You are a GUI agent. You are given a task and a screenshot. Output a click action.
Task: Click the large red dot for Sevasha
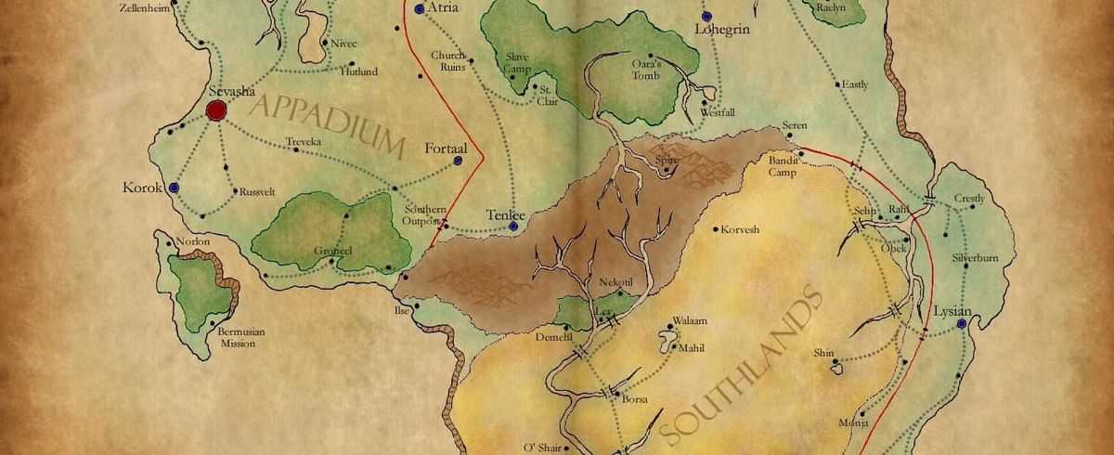coord(216,111)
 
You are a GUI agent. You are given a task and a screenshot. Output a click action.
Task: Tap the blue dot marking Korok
coord(174,188)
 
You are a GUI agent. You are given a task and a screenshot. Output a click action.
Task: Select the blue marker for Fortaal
coord(459,161)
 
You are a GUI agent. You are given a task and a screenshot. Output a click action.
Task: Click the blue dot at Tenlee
coord(512,226)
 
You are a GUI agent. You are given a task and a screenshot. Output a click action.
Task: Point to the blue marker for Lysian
coord(962,323)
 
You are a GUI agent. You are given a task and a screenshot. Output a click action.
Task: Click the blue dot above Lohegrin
coord(706,17)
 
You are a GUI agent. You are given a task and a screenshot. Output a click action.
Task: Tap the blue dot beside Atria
coord(420,8)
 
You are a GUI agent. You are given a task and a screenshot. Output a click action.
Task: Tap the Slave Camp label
coord(516,63)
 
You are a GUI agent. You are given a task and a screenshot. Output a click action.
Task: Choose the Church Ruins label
coord(447,61)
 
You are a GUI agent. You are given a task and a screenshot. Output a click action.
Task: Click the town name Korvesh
coord(740,227)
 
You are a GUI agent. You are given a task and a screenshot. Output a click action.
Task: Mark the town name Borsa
coord(633,400)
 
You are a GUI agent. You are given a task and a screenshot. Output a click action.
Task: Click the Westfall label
coord(717,112)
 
